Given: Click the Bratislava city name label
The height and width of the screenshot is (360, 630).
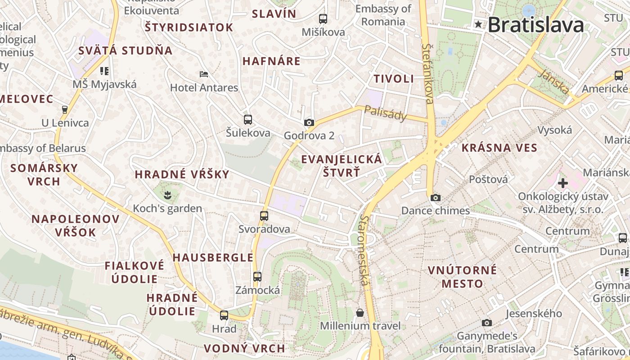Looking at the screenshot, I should pos(535,25).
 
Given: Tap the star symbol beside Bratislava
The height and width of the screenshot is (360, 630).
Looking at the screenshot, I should pos(478,24).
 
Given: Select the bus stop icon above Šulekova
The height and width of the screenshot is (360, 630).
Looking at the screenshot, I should pos(248,119).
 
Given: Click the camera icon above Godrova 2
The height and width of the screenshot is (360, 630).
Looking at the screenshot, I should pos(309,122).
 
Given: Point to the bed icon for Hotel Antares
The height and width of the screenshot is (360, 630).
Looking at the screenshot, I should pos(204,74).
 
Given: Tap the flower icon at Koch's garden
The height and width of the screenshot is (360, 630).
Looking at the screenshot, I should pos(167,195).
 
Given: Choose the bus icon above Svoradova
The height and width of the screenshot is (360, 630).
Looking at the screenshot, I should pos(264,216).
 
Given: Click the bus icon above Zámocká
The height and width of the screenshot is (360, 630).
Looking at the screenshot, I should pos(257,277).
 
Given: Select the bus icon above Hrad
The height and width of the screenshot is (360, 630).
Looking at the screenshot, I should pos(224,315).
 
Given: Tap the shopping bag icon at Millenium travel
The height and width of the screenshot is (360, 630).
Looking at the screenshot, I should pos(360,312).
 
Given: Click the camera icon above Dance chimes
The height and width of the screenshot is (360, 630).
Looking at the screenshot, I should pos(435,198).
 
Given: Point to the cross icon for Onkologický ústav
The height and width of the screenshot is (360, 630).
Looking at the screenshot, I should pos(562,183).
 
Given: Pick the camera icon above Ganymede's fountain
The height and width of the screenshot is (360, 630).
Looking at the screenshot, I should pos(486,323).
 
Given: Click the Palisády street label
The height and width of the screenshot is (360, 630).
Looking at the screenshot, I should pos(385,113).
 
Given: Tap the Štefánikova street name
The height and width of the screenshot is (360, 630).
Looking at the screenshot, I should pos(428,73).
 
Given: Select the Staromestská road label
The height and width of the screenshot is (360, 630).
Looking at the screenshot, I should pos(364,250).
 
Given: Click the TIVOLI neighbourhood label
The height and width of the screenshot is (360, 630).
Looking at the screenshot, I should pos(394,79).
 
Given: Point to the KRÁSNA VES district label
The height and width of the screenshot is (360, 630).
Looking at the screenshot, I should pos(499,148).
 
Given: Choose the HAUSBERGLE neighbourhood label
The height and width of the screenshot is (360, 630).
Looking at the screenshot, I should pos(213,258).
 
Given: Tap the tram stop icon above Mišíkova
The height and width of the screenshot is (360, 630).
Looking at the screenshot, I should pos(323,19).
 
